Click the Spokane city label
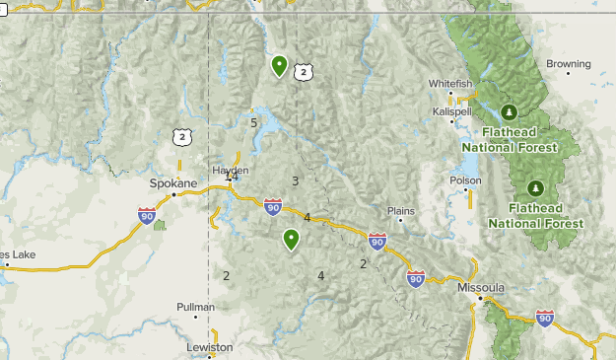tap(173, 183)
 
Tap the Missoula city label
tap(481, 287)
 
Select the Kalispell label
tap(452, 111)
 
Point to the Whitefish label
tap(451, 84)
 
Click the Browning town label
tap(568, 64)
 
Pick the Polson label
tap(465, 180)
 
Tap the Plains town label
tap(401, 210)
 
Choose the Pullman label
tap(195, 307)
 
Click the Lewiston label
tap(210, 347)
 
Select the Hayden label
tap(231, 170)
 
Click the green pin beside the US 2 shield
tap(280, 66)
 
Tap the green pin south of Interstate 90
tap(292, 239)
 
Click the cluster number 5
tap(254, 122)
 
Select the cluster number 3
tap(295, 180)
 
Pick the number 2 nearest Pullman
tap(226, 275)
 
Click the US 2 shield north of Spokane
tap(180, 137)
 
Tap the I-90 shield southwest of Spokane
tap(147, 215)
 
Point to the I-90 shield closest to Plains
tap(376, 241)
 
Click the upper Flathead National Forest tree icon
tap(510, 111)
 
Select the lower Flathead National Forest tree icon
tap(535, 186)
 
